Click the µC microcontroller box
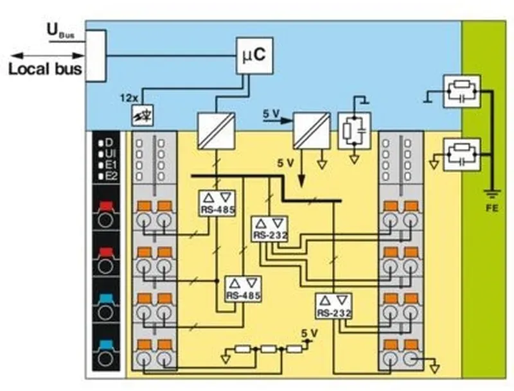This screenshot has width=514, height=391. [x=255, y=55]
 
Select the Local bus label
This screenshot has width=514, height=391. [x=45, y=69]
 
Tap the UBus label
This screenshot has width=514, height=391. [x=61, y=31]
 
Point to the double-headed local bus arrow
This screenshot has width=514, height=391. [x=47, y=56]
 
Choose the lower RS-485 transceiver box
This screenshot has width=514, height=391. [x=243, y=289]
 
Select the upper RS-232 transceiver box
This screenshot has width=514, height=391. [x=270, y=229]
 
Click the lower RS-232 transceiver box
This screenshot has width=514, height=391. [x=334, y=306]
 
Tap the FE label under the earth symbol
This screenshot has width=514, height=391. [x=492, y=207]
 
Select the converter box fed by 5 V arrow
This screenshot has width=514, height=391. [x=312, y=131]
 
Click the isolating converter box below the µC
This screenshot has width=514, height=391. [x=217, y=131]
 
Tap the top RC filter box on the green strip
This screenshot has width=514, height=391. [x=462, y=91]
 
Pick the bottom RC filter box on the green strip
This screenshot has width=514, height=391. [x=462, y=155]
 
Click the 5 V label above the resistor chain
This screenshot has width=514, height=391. [x=310, y=333]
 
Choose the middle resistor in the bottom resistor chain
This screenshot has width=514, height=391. [x=269, y=349]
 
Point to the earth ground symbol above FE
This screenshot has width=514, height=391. [x=492, y=194]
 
